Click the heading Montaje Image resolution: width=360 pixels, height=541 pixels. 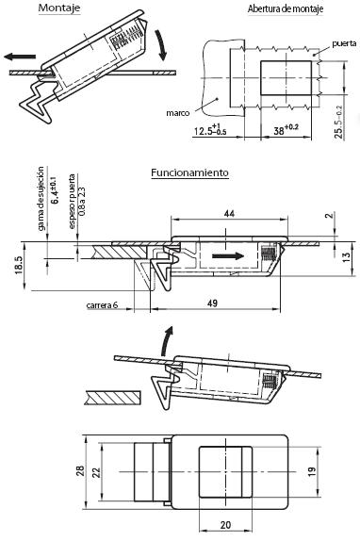[x=59, y=8]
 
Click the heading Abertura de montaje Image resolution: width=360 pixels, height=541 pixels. [x=286, y=8]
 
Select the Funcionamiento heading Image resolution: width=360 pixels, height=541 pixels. [x=190, y=172]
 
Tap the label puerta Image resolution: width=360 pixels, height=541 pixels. [x=344, y=43]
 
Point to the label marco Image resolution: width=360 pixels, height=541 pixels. [x=178, y=113]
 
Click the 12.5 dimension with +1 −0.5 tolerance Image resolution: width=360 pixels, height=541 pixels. [x=210, y=129]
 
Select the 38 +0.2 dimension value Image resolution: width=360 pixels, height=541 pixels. [x=286, y=129]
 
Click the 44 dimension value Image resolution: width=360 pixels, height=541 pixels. [x=229, y=214]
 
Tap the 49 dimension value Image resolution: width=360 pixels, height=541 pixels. [x=212, y=303]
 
